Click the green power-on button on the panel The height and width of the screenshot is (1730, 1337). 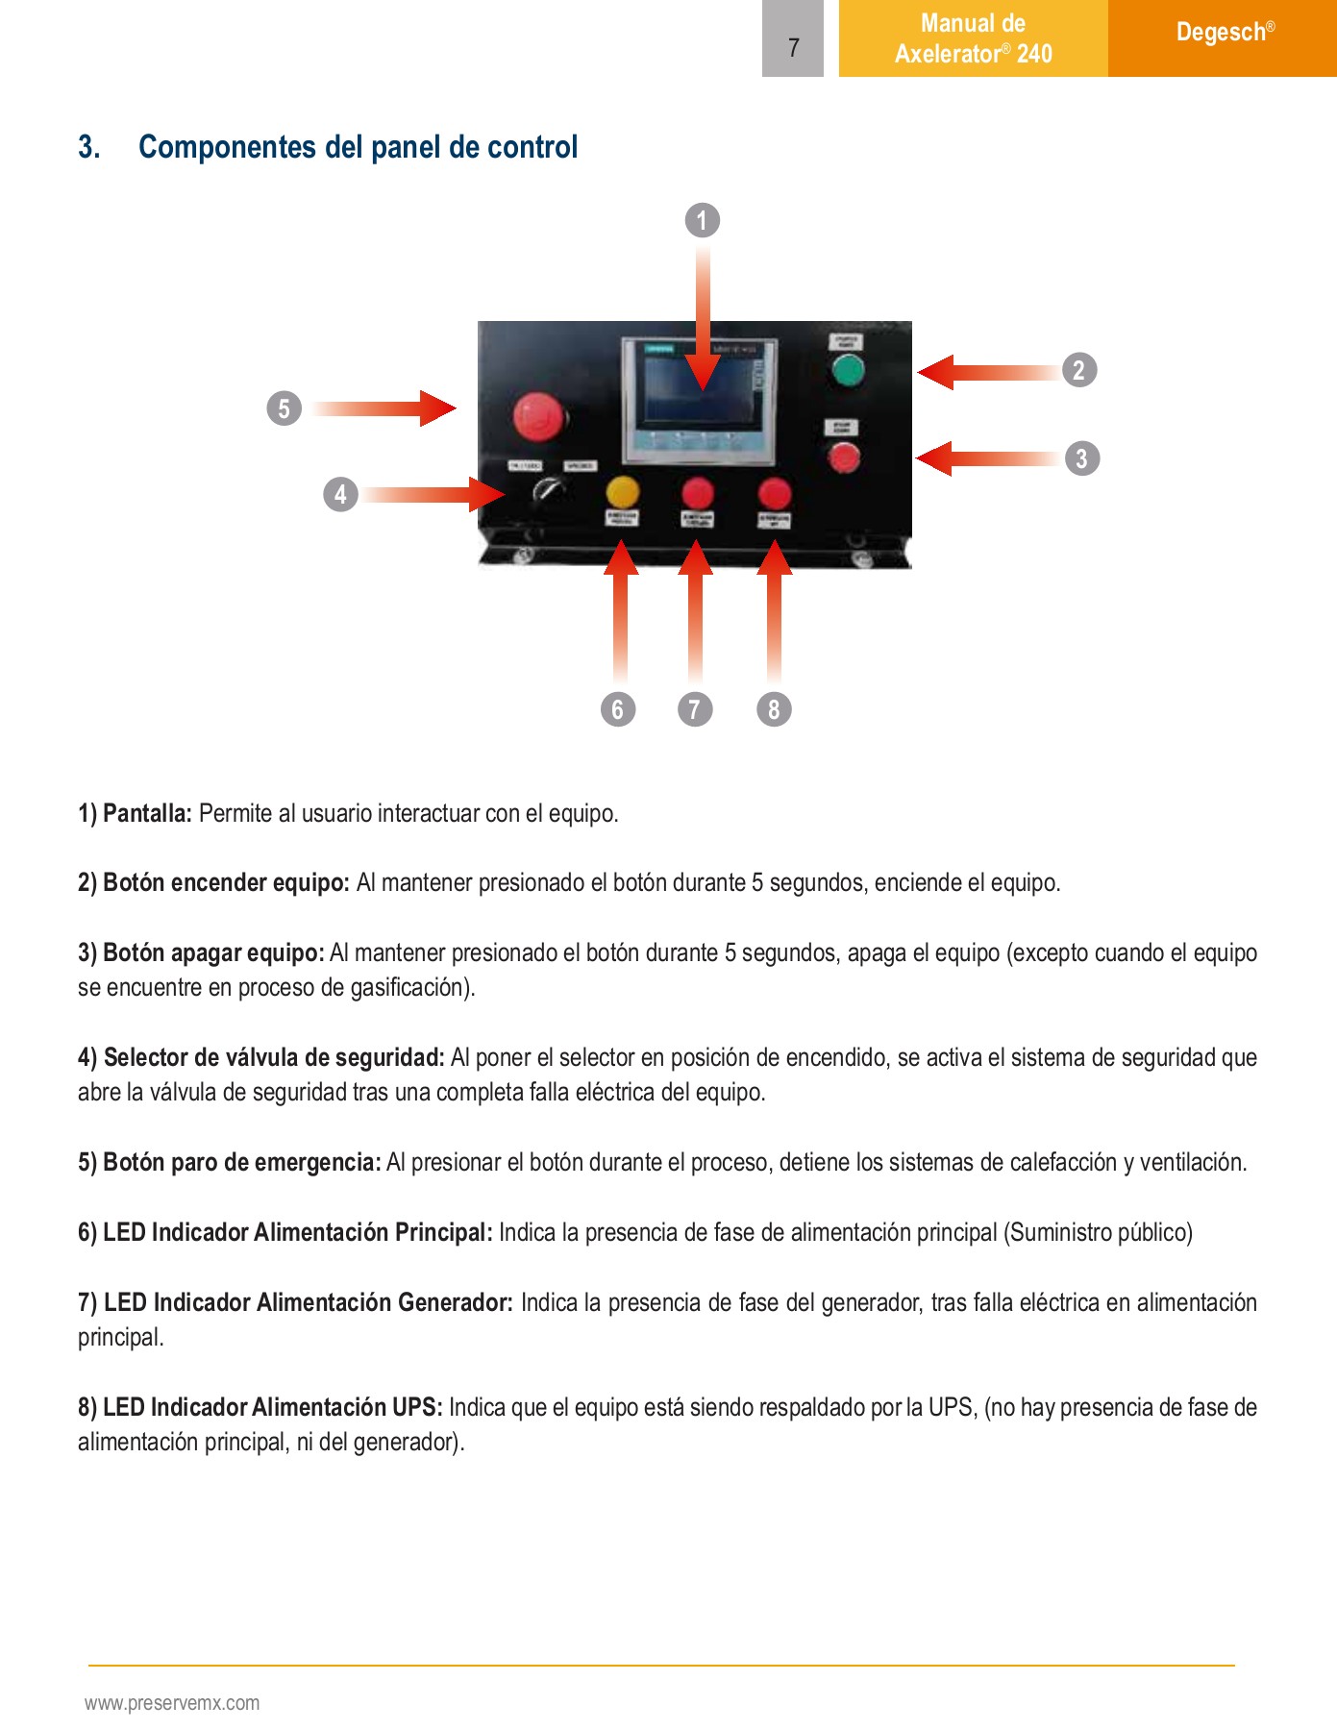point(847,370)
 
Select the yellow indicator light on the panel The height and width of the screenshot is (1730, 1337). point(622,492)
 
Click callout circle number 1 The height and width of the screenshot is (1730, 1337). point(703,220)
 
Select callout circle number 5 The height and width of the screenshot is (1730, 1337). point(284,408)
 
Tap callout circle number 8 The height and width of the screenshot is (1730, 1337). point(774,709)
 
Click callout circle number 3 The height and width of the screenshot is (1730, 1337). point(1081,458)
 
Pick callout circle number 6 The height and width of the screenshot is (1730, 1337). point(618,709)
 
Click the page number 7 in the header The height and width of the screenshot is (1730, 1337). point(793,47)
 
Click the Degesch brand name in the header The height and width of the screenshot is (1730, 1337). point(1221,33)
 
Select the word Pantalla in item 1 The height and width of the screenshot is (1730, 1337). point(147,813)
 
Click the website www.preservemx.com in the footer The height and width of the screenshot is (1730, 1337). point(172,1703)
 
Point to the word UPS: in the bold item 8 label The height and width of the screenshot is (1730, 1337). point(417,1407)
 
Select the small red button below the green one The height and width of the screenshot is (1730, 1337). point(844,457)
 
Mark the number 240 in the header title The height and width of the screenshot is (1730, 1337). point(1034,54)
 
